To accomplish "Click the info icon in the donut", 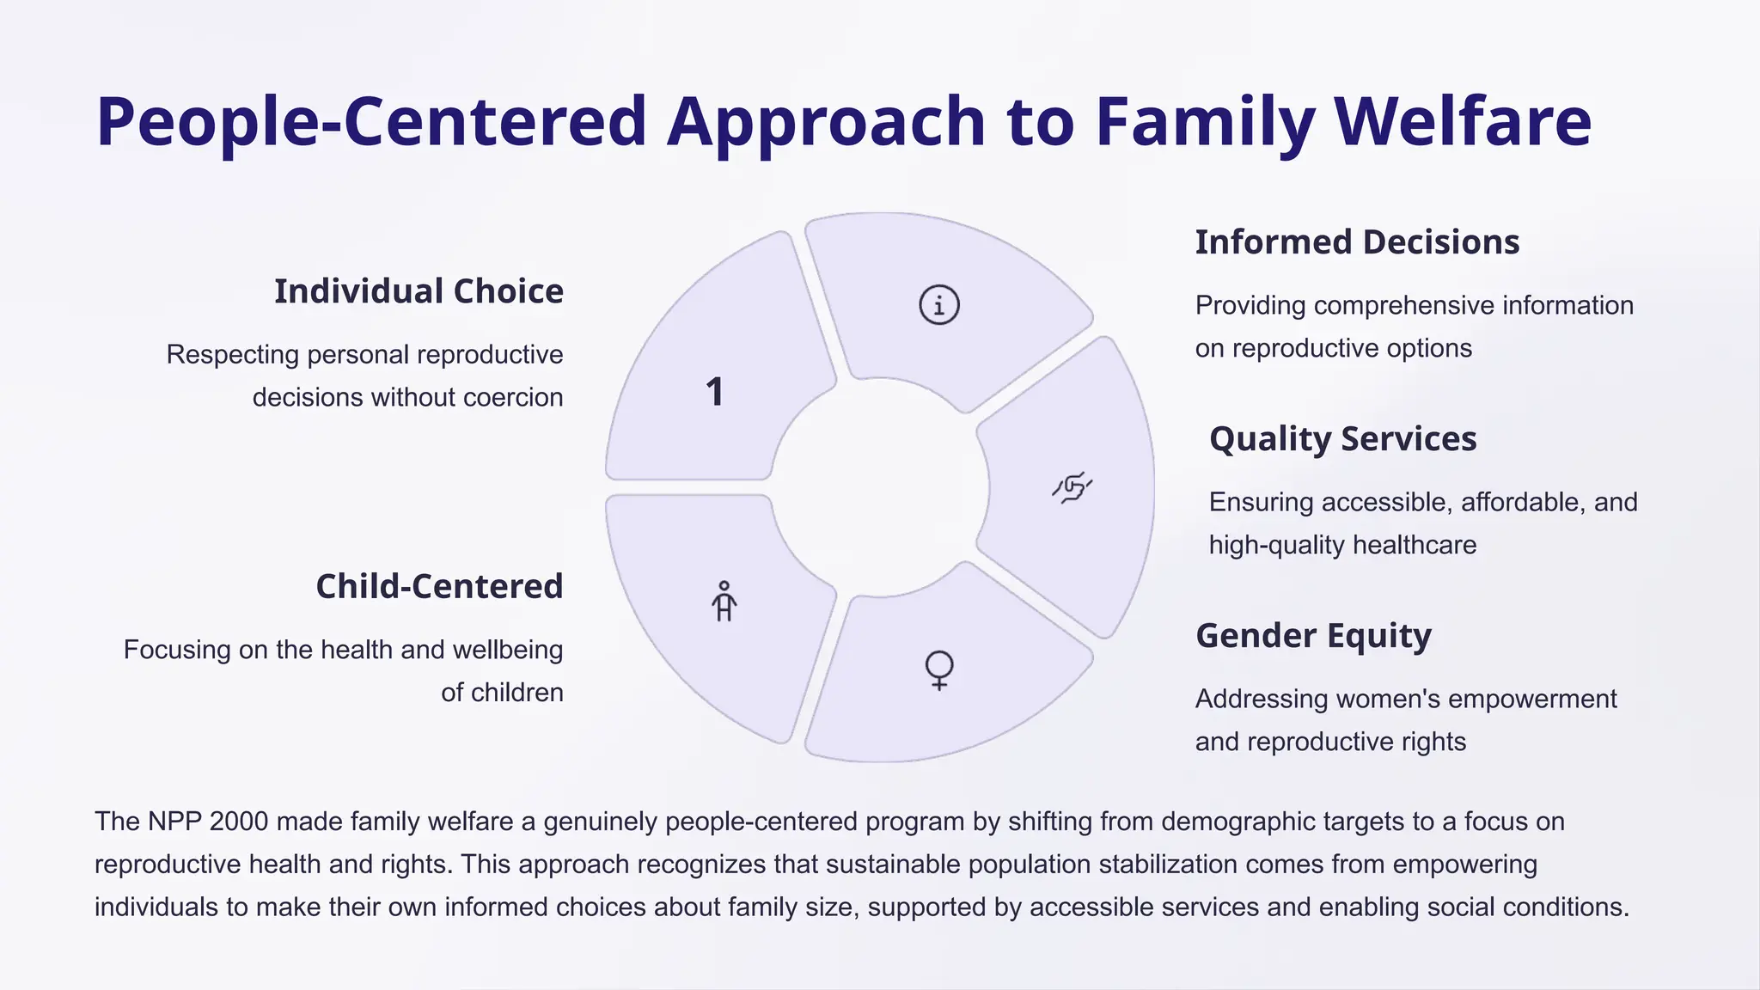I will coord(938,305).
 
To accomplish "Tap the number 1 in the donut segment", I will coord(715,393).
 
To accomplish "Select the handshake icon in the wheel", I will coord(1072,488).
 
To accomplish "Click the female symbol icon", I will coord(938,669).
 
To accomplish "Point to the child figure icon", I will coord(724,601).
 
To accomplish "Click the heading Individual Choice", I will coord(419,291).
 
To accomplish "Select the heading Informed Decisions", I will coord(1357,242).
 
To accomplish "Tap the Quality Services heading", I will coord(1342,439).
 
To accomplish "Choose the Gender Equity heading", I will coord(1313,636).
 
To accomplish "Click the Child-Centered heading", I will coord(439,586).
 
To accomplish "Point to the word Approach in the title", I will coord(826,121).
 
